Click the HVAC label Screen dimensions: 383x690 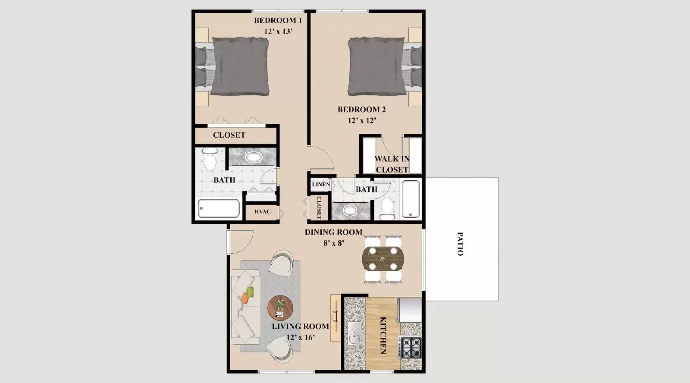(262, 212)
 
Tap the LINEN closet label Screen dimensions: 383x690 (321, 185)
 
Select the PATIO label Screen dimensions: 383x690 (460, 244)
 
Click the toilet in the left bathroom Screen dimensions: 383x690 (210, 159)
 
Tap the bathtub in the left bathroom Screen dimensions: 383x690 (219, 209)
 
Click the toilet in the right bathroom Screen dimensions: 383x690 (388, 208)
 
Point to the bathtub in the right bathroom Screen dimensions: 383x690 (411, 199)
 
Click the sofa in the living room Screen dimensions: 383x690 (245, 306)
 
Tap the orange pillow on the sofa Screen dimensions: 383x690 (245, 298)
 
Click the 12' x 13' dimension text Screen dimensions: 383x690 (279, 31)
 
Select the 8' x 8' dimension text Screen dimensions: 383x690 (333, 243)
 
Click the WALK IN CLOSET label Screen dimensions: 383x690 (392, 164)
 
